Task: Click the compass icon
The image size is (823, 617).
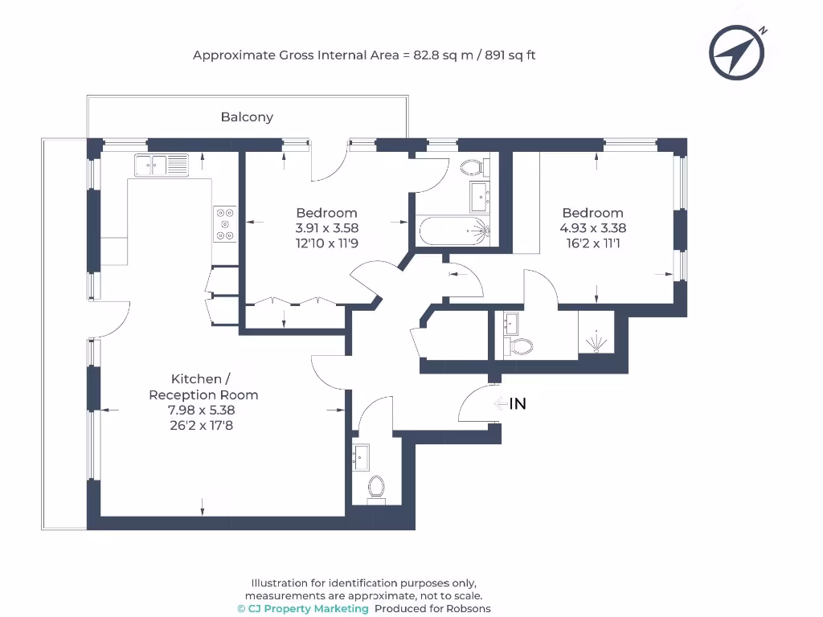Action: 737,53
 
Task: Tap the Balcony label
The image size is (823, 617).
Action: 247,117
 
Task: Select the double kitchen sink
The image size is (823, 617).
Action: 162,165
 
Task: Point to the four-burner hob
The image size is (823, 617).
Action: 225,224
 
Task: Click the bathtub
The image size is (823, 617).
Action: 452,231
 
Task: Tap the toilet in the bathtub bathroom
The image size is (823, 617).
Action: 471,168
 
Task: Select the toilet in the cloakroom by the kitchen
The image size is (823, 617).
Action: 375,487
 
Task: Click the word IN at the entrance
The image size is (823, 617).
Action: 518,404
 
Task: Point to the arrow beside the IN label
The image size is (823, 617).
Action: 500,404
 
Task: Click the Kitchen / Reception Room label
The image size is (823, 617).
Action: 203,386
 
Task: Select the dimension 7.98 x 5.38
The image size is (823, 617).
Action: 200,411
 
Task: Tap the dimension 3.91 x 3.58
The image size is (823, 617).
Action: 326,228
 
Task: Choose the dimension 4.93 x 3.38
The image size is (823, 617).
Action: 592,228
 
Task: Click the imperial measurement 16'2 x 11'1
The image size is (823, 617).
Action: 592,243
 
